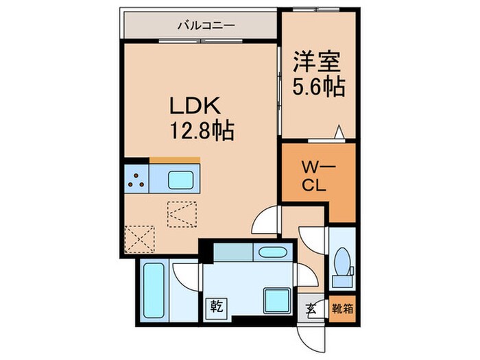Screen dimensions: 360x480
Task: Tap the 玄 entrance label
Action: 311,308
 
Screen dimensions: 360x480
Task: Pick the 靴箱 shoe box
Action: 344,308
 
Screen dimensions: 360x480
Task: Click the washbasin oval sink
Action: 269,252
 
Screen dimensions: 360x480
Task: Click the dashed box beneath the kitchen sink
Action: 182,213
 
